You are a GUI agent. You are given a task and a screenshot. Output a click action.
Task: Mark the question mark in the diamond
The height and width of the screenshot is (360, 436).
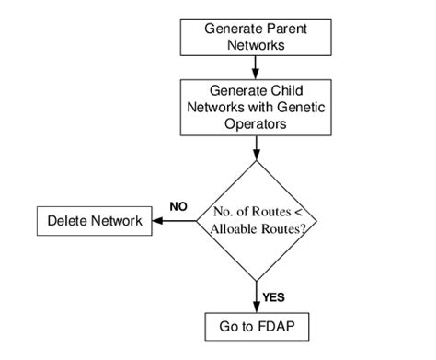point(304,230)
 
